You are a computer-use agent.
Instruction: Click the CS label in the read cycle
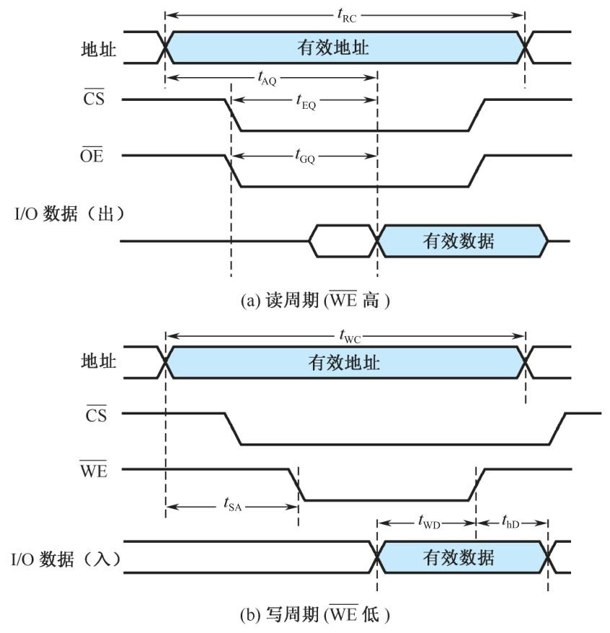click(x=94, y=99)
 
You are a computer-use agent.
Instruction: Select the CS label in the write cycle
click(x=94, y=415)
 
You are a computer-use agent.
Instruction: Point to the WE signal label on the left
click(x=93, y=471)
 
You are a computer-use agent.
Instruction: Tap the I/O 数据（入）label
click(x=63, y=558)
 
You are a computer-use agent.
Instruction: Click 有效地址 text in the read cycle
click(x=333, y=48)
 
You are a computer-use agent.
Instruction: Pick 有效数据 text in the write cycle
click(x=459, y=557)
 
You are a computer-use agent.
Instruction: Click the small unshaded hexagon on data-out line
click(x=344, y=241)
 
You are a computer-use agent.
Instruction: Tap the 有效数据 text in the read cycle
click(x=459, y=241)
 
